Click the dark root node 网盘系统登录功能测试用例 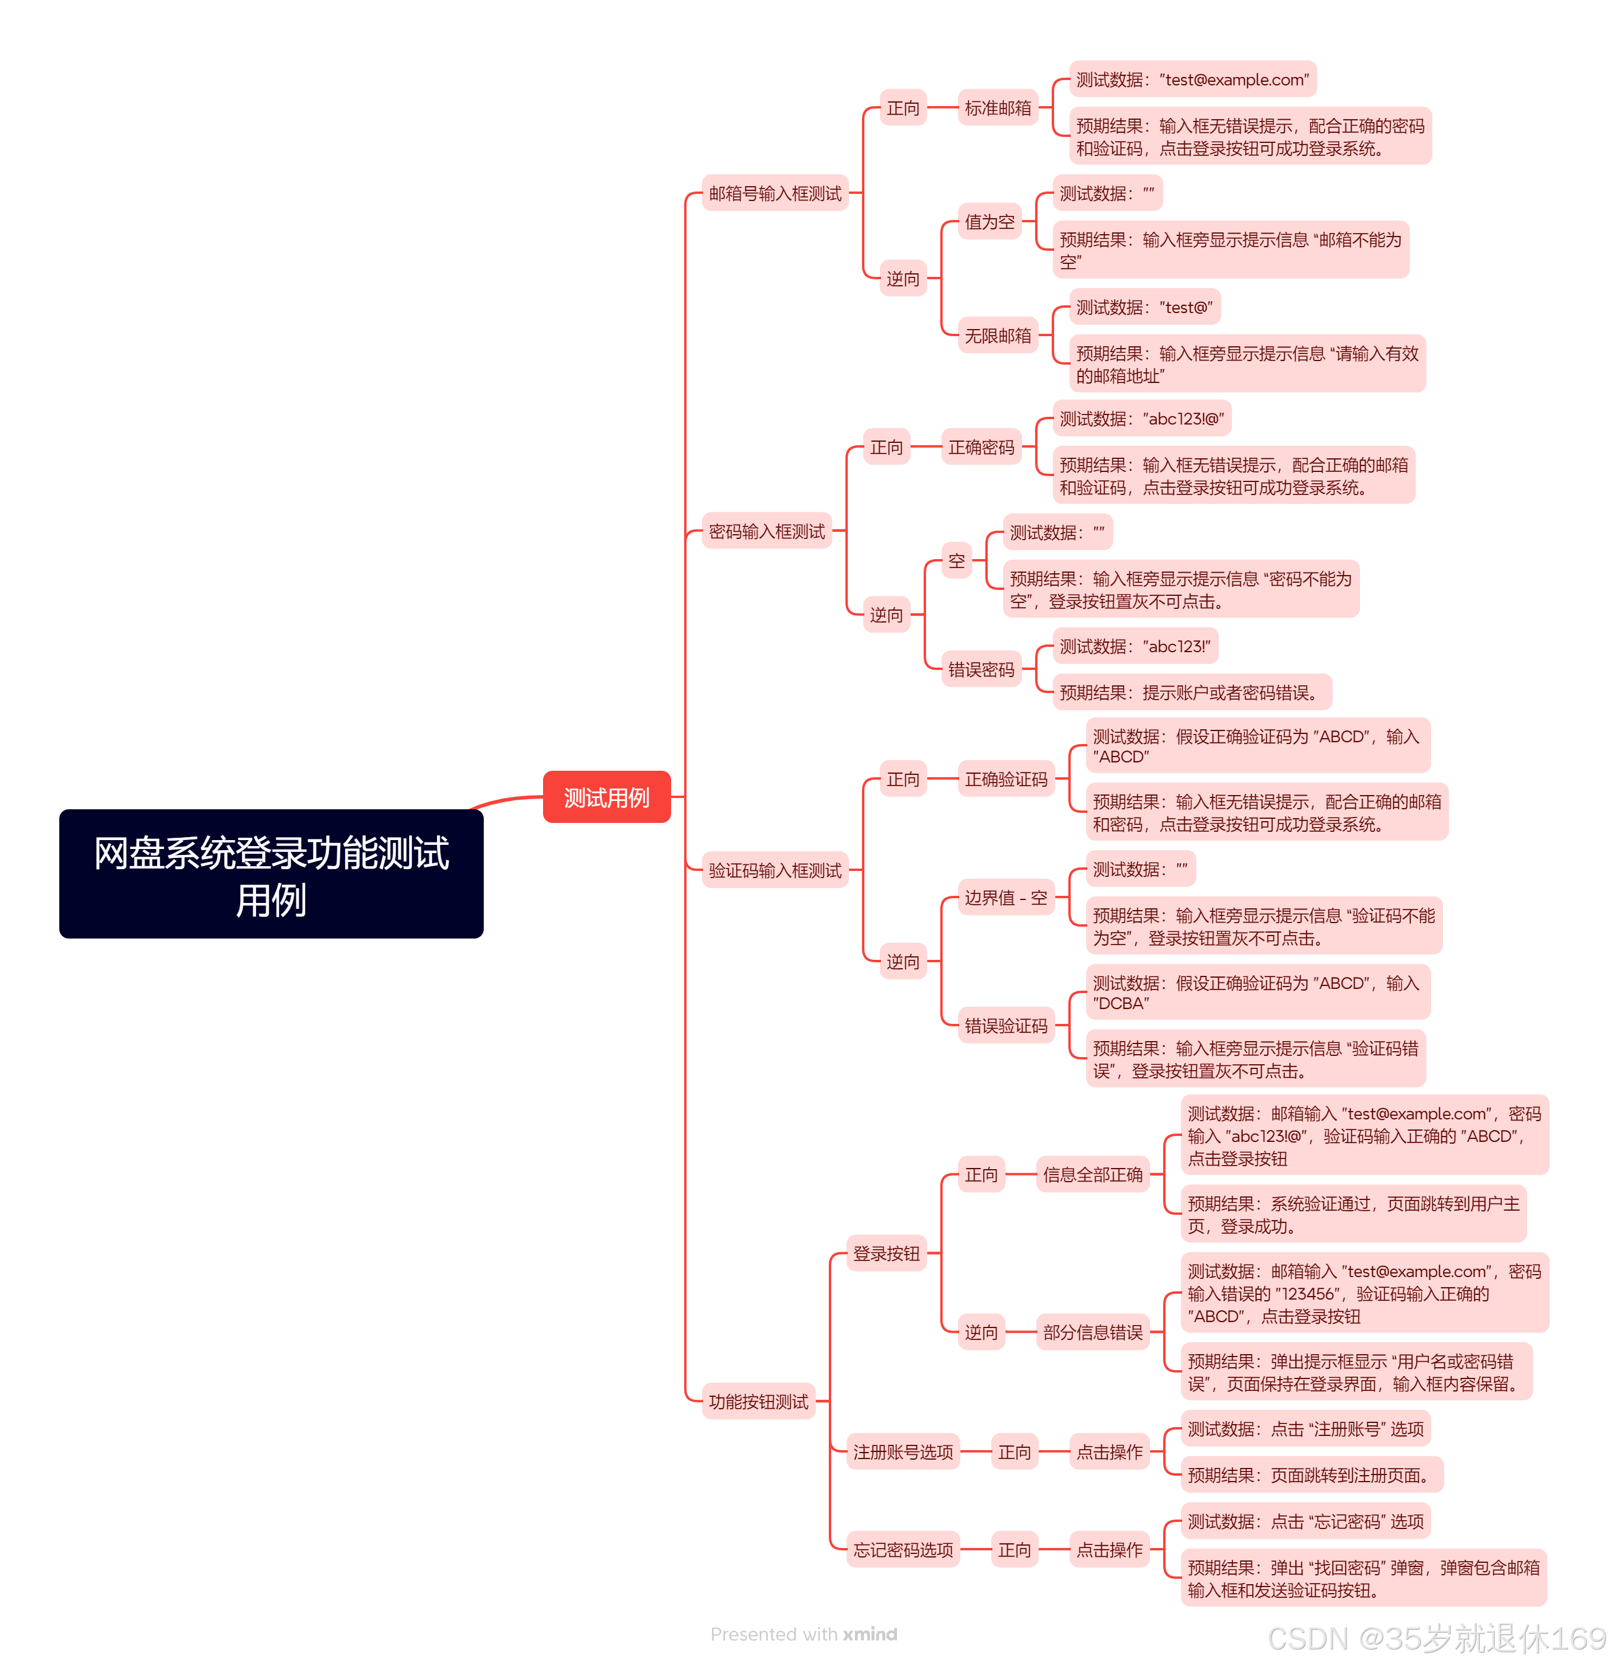click(271, 874)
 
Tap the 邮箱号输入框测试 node click(774, 193)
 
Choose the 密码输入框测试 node click(766, 531)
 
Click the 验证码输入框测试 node click(774, 870)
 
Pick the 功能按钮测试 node click(758, 1402)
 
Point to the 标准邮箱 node click(998, 108)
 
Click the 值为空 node click(989, 222)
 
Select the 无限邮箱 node click(998, 336)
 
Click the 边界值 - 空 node click(1005, 898)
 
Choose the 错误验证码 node click(1005, 1026)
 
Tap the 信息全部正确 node click(1092, 1175)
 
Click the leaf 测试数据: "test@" click(1144, 307)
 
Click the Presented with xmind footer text click(803, 1634)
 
